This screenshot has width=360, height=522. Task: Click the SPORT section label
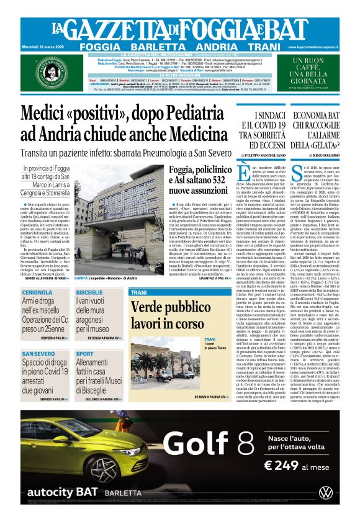pos(84,354)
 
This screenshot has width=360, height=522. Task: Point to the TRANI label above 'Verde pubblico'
pos(139,292)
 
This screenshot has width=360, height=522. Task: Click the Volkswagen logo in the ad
pos(326,493)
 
